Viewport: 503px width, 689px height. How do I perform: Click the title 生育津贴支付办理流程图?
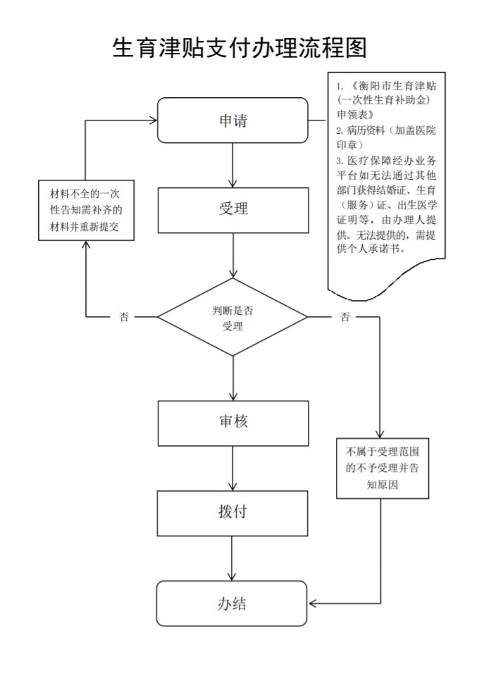pos(240,48)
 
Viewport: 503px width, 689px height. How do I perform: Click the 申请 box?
pos(232,120)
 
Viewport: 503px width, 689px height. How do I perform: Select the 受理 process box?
pos(232,209)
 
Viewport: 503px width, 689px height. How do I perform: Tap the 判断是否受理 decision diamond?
pos(232,317)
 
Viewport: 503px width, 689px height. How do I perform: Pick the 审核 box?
pos(232,422)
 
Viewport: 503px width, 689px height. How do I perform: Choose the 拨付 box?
pos(232,512)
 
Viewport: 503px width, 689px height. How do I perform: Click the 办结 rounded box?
pos(232,603)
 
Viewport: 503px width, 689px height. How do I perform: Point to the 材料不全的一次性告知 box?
pos(87,210)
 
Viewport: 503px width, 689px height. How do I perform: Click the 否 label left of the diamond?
pos(124,317)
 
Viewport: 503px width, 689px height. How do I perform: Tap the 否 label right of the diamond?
pos(344,317)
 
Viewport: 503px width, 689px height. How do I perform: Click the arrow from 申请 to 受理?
pos(232,165)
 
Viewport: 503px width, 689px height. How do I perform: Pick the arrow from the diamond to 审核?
pos(232,378)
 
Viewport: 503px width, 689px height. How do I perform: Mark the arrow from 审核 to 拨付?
pos(232,468)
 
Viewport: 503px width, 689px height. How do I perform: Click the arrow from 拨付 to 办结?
pos(232,558)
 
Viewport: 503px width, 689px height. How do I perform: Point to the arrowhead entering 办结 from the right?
pos(313,603)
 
